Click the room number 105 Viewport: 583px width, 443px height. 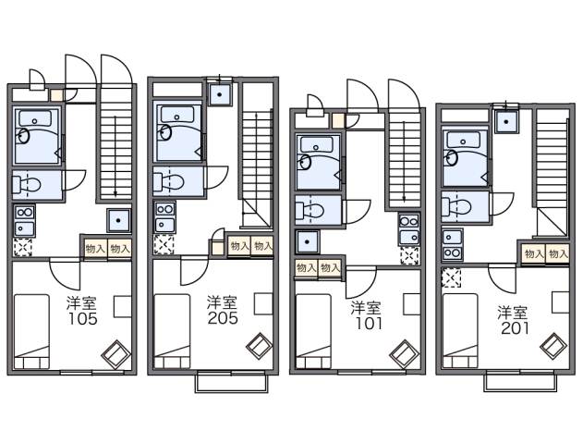tap(80, 320)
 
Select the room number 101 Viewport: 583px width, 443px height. tap(365, 324)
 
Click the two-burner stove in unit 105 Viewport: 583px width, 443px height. tap(23, 222)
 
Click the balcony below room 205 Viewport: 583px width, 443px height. tap(231, 381)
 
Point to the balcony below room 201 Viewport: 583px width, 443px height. tap(519, 380)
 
